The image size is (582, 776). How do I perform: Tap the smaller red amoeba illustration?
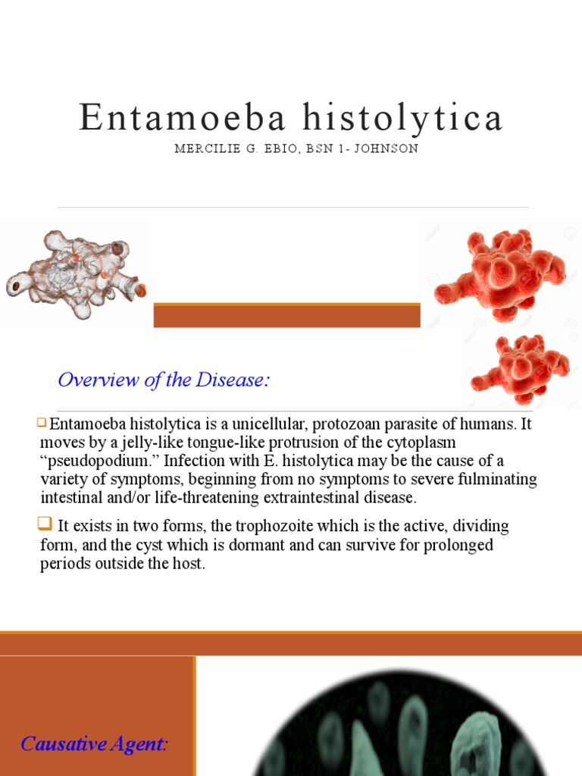(519, 368)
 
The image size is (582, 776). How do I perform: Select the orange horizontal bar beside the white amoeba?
(286, 315)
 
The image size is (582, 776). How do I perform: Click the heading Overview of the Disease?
(164, 380)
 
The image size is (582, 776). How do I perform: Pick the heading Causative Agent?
(94, 744)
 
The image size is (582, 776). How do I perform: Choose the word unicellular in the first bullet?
(258, 424)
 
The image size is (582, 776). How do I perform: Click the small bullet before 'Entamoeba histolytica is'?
(43, 422)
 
